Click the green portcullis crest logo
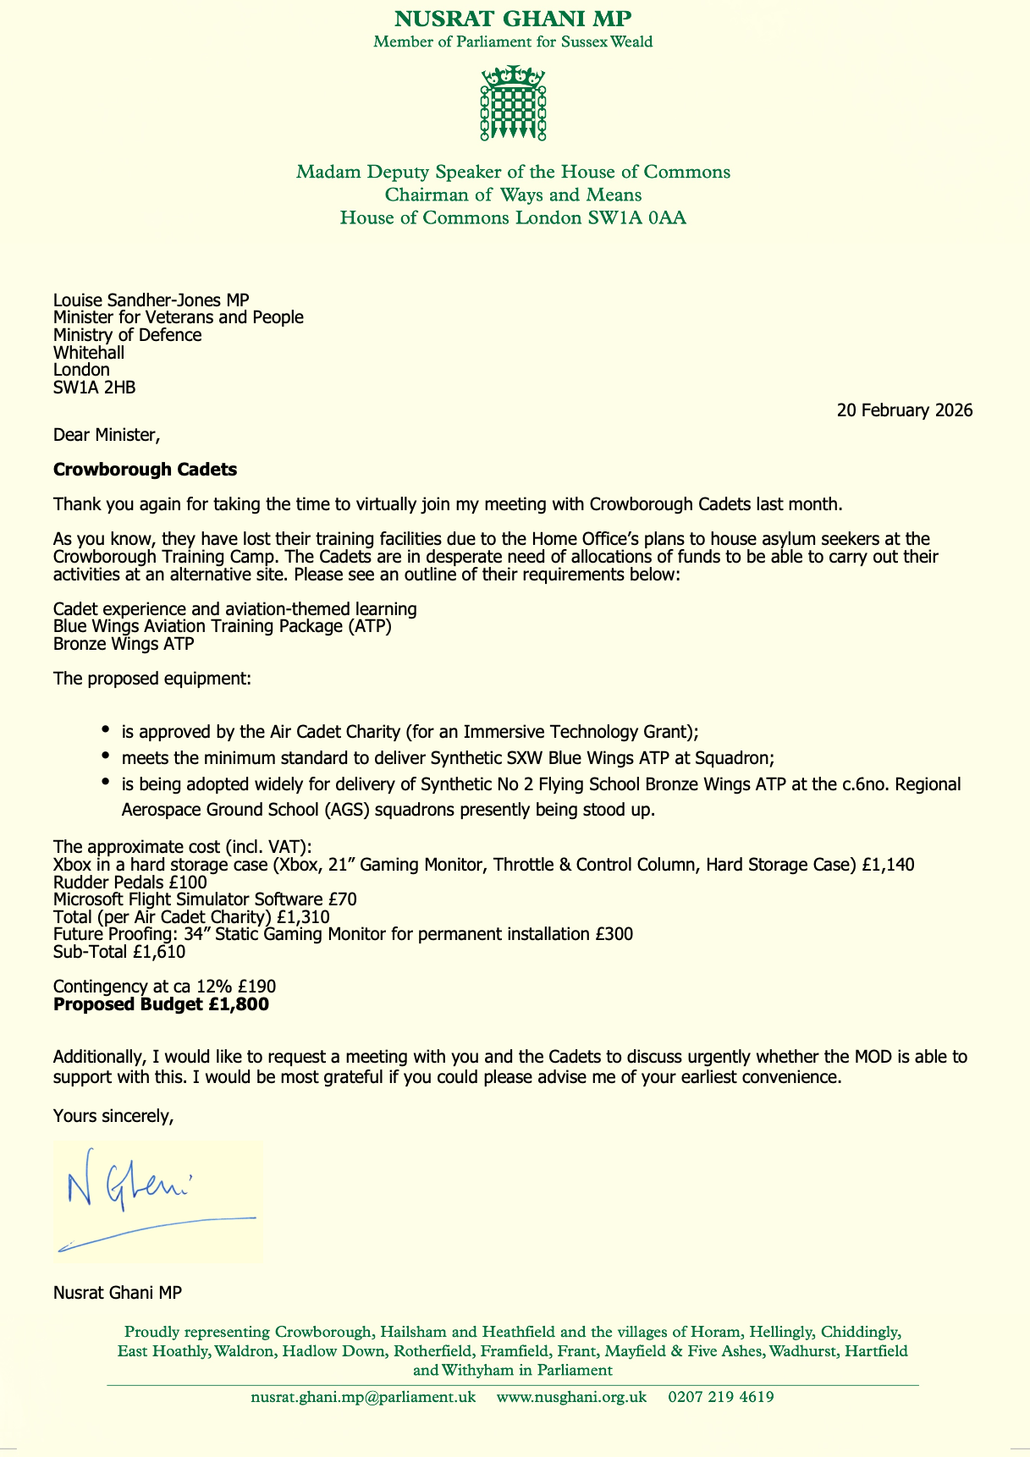click(x=513, y=103)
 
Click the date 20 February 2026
click(x=904, y=411)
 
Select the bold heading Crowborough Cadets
click(x=145, y=469)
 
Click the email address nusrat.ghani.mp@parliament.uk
click(x=363, y=1397)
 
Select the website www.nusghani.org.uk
click(x=571, y=1397)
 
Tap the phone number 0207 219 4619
click(x=720, y=1397)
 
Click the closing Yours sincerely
click(x=113, y=1116)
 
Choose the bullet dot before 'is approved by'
click(x=104, y=729)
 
